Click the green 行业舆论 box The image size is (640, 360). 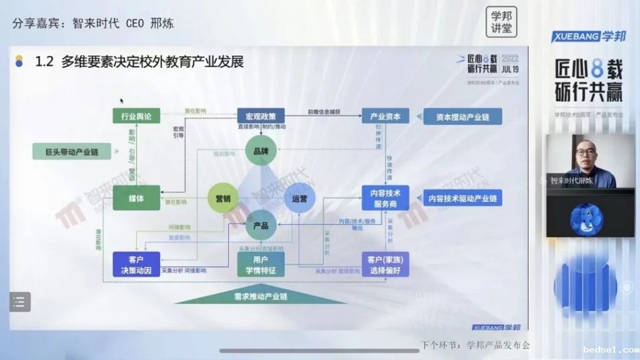pyautogui.click(x=136, y=116)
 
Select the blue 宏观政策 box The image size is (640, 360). pyautogui.click(x=261, y=116)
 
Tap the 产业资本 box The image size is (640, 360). pyautogui.click(x=386, y=116)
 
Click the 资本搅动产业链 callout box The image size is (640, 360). pyautogui.click(x=462, y=116)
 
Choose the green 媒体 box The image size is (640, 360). pyautogui.click(x=136, y=199)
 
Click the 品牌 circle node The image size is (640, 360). pyautogui.click(x=261, y=151)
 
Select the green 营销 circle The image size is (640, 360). pyautogui.click(x=223, y=199)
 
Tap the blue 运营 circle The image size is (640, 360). pyautogui.click(x=299, y=199)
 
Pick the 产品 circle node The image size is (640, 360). pyautogui.click(x=261, y=225)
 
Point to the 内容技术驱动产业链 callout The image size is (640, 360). pyautogui.click(x=462, y=198)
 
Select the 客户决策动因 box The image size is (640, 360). pyautogui.click(x=136, y=264)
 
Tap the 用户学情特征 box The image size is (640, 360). pyautogui.click(x=261, y=264)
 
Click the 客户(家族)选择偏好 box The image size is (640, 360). pyautogui.click(x=386, y=264)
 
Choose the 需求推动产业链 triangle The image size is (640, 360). pyautogui.click(x=261, y=295)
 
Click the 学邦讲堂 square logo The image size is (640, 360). pyautogui.click(x=501, y=22)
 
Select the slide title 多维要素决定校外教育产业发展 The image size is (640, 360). pyautogui.click(x=152, y=61)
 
